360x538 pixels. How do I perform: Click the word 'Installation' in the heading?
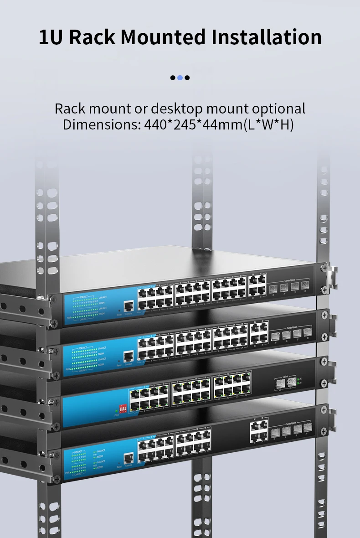[x=267, y=37]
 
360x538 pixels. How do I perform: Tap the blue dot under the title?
[x=180, y=78]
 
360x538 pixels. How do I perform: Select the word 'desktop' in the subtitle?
[x=177, y=109]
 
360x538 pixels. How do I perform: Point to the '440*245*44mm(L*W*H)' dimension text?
[x=219, y=124]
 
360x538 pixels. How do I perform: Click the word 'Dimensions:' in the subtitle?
[x=102, y=124]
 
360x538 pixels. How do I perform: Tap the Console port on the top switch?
[x=129, y=307]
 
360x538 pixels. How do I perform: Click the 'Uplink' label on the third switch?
[x=285, y=377]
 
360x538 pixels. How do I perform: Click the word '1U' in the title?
[x=50, y=37]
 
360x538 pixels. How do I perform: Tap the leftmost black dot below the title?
[x=173, y=78]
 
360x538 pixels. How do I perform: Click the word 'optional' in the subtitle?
[x=278, y=109]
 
